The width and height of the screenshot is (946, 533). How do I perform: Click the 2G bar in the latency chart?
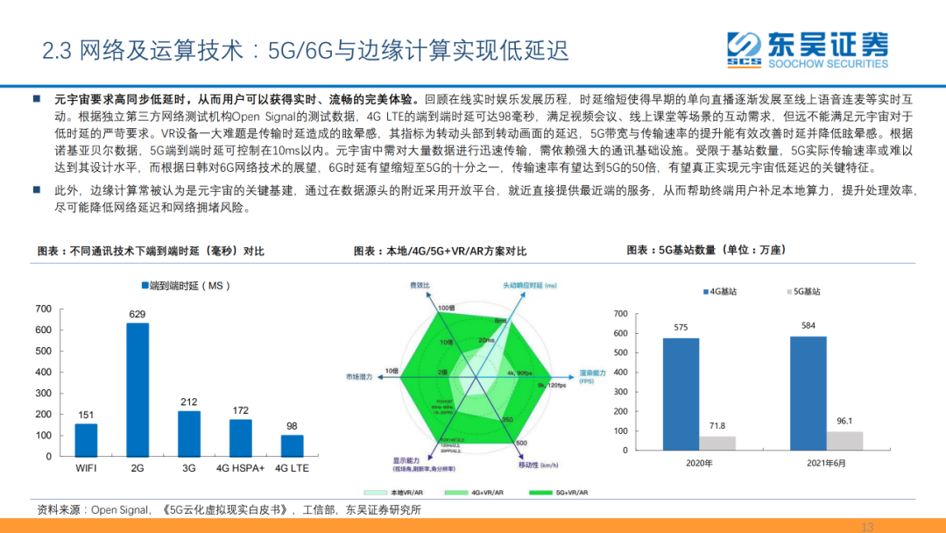(x=138, y=389)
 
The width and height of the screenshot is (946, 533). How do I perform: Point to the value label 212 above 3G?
(x=189, y=402)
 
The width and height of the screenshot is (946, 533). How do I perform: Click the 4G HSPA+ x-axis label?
(x=241, y=469)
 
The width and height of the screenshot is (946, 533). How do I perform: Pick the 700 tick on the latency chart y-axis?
(x=43, y=309)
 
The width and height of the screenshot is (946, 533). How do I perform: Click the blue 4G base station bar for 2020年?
(x=681, y=394)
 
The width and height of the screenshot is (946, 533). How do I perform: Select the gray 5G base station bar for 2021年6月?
(x=845, y=440)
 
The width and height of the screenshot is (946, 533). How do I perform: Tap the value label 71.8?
(x=717, y=426)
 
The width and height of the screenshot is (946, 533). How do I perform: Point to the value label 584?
(x=808, y=326)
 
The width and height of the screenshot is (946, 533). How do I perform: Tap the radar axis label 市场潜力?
(x=359, y=377)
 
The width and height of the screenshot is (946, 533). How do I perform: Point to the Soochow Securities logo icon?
(x=745, y=48)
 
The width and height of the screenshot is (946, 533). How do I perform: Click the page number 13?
(x=868, y=527)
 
